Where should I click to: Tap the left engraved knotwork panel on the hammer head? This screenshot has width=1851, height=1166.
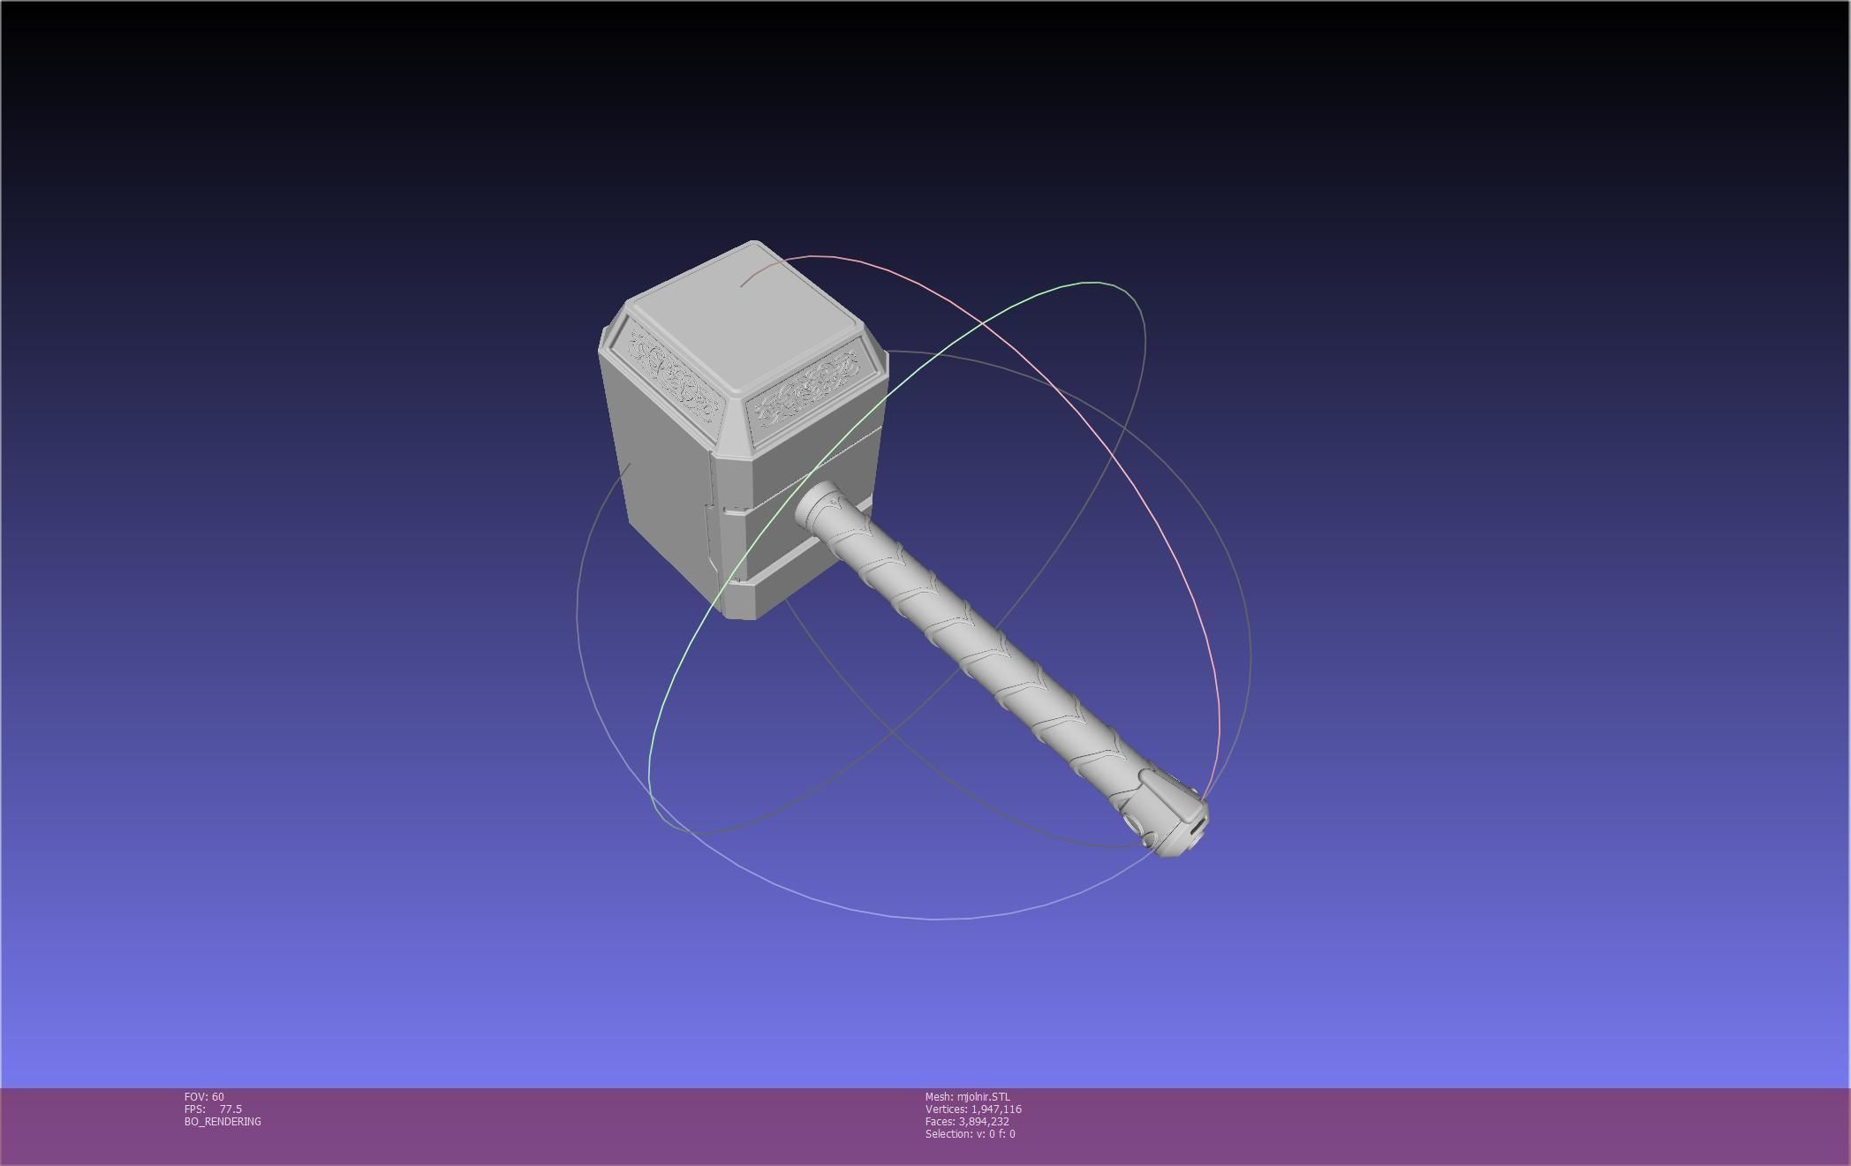[672, 375]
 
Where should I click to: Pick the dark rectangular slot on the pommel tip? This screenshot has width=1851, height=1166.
[1197, 827]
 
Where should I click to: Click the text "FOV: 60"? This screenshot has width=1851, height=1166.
[204, 1097]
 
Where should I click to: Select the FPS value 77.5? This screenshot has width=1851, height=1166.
[230, 1109]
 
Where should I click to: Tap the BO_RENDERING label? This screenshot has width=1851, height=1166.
[223, 1122]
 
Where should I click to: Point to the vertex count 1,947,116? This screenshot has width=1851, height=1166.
[996, 1109]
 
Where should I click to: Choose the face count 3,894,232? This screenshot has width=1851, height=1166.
[984, 1122]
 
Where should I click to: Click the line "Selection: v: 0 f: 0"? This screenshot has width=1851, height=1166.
[970, 1134]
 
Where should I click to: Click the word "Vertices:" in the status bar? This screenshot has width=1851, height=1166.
[946, 1109]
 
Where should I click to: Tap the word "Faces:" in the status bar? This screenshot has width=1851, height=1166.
[940, 1122]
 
